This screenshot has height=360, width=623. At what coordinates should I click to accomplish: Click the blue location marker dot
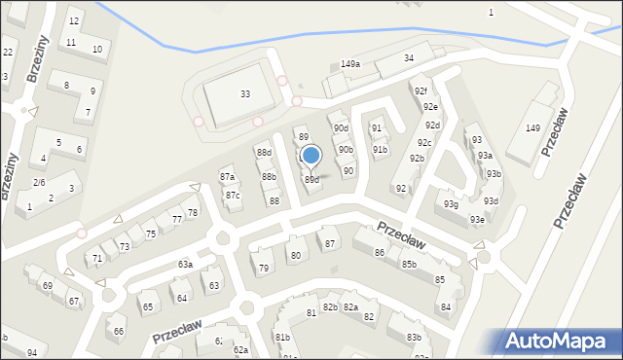(x=311, y=155)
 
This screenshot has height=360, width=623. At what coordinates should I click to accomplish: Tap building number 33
(x=244, y=93)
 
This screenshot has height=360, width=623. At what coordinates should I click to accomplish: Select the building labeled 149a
(x=350, y=64)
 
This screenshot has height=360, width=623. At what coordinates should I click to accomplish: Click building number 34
(x=409, y=58)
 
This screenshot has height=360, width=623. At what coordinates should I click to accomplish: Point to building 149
(x=532, y=128)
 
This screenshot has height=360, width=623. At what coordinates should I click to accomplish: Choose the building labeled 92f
(x=421, y=91)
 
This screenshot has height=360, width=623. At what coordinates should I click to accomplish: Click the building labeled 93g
(x=451, y=204)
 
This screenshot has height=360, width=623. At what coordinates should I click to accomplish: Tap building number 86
(x=379, y=252)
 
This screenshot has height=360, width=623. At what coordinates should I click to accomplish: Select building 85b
(x=409, y=264)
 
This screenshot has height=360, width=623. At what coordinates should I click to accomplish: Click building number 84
(x=445, y=306)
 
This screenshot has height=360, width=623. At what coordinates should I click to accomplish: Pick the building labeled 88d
(x=264, y=153)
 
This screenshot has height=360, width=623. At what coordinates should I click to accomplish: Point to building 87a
(x=227, y=176)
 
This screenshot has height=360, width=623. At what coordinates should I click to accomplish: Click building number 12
(x=74, y=20)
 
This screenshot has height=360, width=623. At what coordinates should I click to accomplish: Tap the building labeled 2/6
(x=39, y=183)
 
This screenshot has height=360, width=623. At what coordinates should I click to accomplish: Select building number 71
(x=96, y=258)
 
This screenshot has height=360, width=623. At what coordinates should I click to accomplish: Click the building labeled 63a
(x=185, y=264)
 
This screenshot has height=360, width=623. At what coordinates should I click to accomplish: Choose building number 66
(x=118, y=331)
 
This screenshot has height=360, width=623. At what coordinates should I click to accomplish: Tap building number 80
(x=295, y=255)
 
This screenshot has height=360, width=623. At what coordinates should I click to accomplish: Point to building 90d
(x=340, y=127)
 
